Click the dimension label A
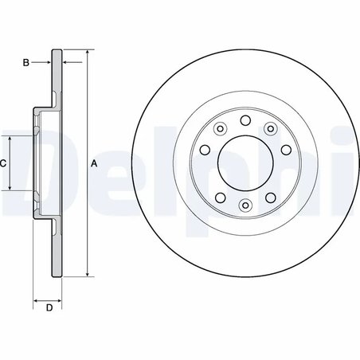point(94,164)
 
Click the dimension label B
point(25,61)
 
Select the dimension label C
point(4,163)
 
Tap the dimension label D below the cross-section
point(48,307)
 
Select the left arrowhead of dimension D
point(36,301)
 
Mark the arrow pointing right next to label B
point(47,61)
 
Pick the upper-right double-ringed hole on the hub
point(271,128)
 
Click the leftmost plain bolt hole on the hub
point(205,150)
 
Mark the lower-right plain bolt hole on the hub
point(272,198)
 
